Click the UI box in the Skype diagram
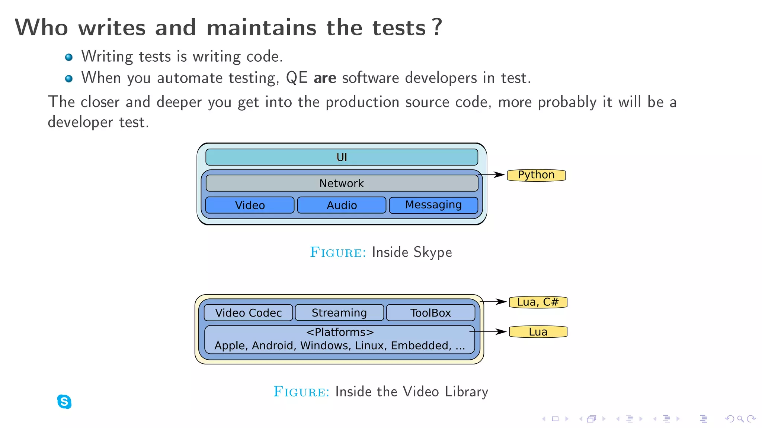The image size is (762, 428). pyautogui.click(x=342, y=157)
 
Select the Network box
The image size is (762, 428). pyautogui.click(x=342, y=183)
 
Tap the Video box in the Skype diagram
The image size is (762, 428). pyautogui.click(x=250, y=205)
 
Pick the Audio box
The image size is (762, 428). pyautogui.click(x=342, y=205)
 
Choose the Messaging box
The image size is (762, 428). pyautogui.click(x=433, y=205)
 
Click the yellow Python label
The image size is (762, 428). pyautogui.click(x=536, y=175)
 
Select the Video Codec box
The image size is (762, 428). pyautogui.click(x=248, y=313)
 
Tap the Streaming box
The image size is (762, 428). pyautogui.click(x=339, y=313)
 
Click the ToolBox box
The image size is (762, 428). pyautogui.click(x=430, y=313)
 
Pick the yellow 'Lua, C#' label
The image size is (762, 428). pyautogui.click(x=538, y=302)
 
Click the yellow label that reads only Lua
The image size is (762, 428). pyautogui.click(x=538, y=332)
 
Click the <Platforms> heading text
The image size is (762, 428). pyautogui.click(x=340, y=332)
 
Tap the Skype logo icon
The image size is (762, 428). pyautogui.click(x=64, y=402)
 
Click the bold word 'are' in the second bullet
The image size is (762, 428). pyautogui.click(x=325, y=78)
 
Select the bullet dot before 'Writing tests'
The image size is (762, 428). pyautogui.click(x=69, y=57)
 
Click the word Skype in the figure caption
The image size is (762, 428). pyautogui.click(x=433, y=252)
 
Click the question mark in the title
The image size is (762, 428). pyautogui.click(x=438, y=27)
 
